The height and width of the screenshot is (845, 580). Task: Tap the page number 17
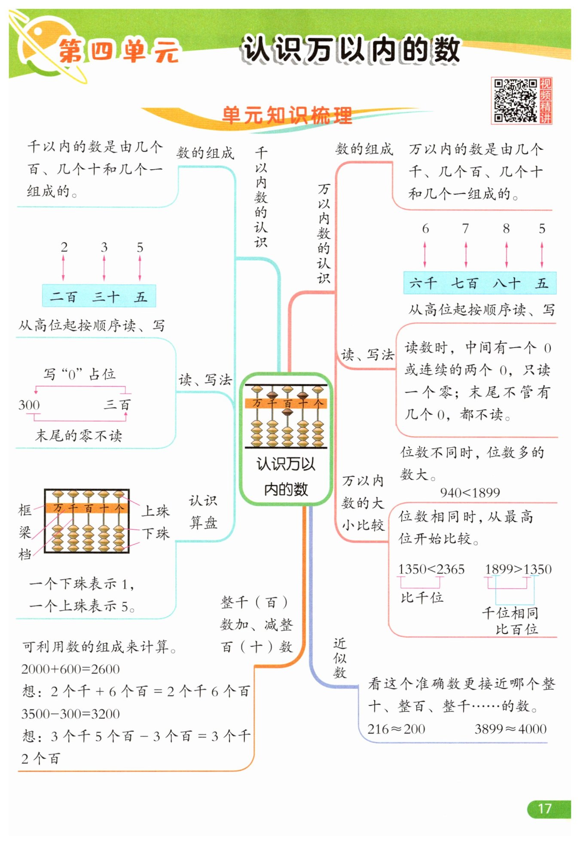coord(544,809)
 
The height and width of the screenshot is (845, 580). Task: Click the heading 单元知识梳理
coord(287,115)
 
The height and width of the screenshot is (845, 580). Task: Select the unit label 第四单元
coord(119,51)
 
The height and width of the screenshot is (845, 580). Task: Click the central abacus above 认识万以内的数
coord(286,416)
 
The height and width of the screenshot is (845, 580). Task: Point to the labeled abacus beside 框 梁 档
coord(87,520)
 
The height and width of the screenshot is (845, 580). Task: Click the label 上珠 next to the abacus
coord(156,511)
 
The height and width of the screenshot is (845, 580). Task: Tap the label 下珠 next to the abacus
coord(156,534)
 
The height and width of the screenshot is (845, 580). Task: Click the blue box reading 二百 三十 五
coord(99,295)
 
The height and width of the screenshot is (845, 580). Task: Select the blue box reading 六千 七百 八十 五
coord(480,283)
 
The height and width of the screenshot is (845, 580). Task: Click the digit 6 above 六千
coord(425,228)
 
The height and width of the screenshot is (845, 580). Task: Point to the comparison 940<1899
coord(470,492)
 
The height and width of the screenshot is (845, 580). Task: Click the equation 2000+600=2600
coord(70,669)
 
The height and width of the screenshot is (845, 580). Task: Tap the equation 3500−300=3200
coord(70,714)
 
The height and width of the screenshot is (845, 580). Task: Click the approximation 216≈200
coord(396,729)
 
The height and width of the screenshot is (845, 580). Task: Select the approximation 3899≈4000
coord(510,729)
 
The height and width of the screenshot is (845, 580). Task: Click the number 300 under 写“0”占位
coord(29,405)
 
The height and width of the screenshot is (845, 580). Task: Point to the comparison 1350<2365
coord(431,569)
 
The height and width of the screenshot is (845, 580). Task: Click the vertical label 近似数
coord(339,658)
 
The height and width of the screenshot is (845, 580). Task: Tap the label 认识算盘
coord(203,511)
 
